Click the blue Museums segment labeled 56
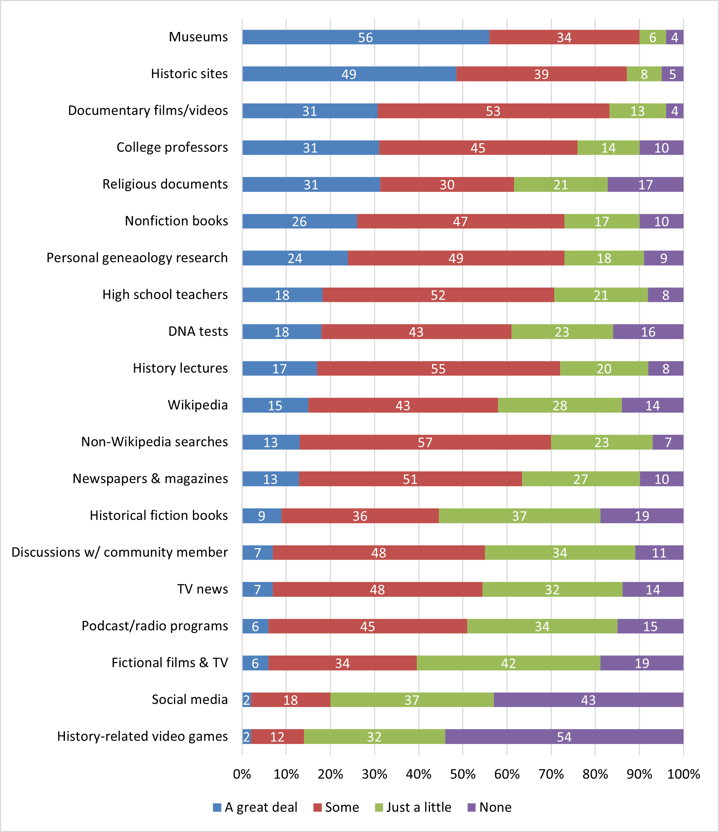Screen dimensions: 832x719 coord(366,37)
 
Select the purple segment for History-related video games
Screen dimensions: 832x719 coord(564,736)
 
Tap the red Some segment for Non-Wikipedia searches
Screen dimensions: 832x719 coord(425,442)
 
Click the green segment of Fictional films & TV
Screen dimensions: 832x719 coord(508,663)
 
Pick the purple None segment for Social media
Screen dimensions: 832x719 coord(588,700)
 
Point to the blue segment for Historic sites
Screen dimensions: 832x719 coord(349,74)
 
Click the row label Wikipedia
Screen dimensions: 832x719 coord(197,405)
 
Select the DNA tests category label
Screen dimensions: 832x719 coord(198,331)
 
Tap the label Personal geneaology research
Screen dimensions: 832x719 coord(137,257)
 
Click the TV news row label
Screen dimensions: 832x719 coord(202,589)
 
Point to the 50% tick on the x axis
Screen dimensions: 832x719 coord(463,774)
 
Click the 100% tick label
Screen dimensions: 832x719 coord(683,774)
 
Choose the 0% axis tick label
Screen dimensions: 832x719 coord(242,774)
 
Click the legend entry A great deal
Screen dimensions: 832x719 coord(260,807)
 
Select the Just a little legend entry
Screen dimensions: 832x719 coord(418,807)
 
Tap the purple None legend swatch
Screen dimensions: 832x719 coord(472,807)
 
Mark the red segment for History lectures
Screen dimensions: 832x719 coord(438,368)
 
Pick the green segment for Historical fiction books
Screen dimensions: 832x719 coord(519,516)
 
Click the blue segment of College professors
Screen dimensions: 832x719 coord(310,147)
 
